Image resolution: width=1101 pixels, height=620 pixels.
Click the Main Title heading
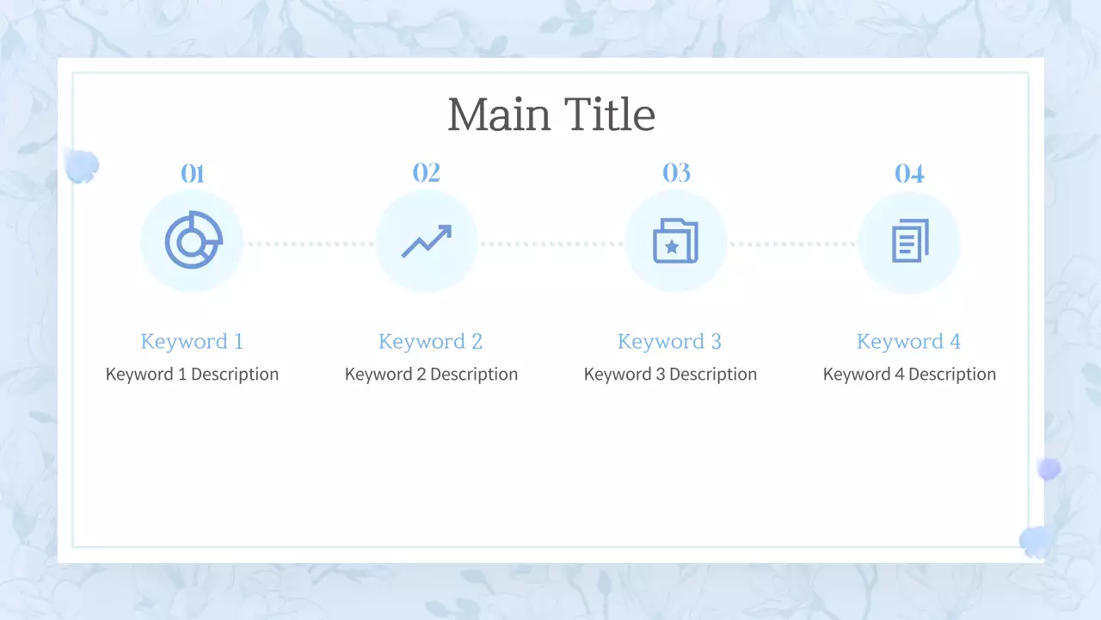point(551,115)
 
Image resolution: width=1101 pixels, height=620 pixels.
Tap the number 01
point(192,174)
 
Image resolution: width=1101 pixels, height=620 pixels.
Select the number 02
point(426,173)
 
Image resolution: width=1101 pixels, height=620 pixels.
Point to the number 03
point(676,173)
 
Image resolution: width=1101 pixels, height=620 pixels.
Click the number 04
point(909,174)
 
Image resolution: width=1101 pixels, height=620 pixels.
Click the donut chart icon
point(193,240)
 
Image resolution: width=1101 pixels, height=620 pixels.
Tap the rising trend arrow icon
point(426,241)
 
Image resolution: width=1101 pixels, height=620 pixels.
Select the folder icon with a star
point(675,241)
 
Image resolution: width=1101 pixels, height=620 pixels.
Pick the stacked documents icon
point(909,241)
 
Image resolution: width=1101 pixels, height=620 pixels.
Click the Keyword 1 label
point(192,341)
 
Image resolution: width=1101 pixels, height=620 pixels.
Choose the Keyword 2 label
point(430,341)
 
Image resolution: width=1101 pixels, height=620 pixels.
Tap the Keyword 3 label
point(669,341)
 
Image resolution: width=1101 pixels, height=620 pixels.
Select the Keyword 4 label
point(908,341)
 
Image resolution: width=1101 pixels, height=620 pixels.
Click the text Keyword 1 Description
point(192,375)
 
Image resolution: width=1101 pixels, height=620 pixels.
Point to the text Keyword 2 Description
point(431,375)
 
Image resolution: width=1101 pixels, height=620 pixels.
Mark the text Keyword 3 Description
point(670,375)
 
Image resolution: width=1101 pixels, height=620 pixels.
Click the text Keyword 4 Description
point(909,375)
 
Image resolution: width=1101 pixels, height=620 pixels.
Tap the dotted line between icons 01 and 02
point(309,244)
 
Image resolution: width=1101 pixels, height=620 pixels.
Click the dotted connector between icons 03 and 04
point(792,244)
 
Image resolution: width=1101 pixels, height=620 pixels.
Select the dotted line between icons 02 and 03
point(550,244)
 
